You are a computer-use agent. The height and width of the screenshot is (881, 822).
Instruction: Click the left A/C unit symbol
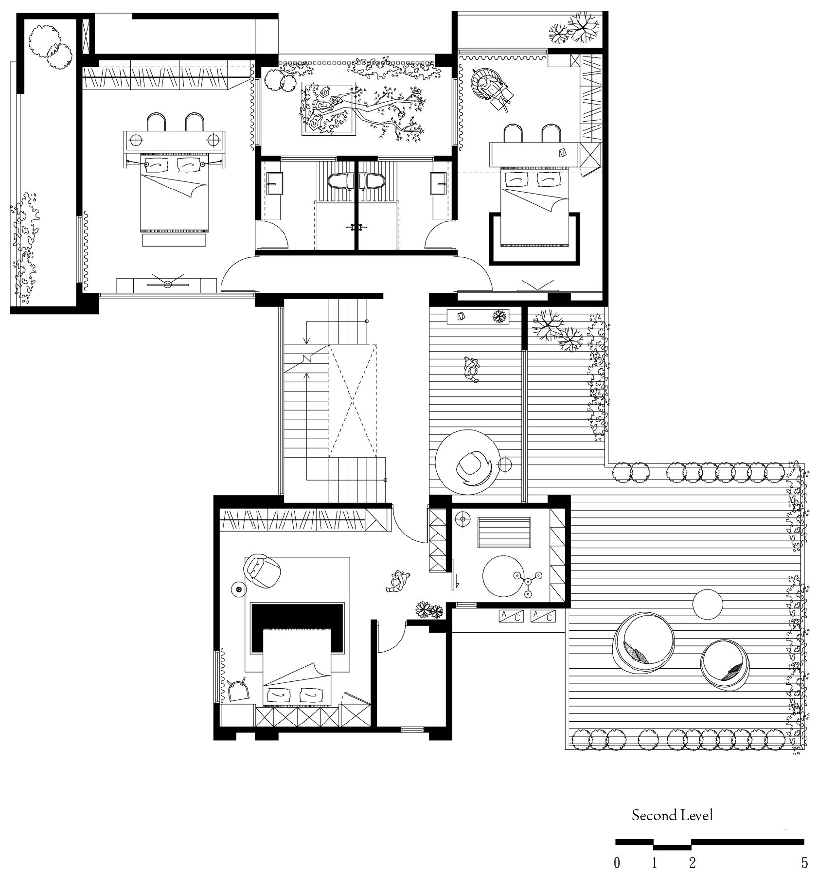(511, 615)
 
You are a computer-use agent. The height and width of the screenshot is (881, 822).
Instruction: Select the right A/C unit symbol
(543, 615)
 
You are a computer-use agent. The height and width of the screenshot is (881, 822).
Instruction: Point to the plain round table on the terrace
(708, 604)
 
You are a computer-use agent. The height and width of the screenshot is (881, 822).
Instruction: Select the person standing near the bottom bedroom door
(398, 581)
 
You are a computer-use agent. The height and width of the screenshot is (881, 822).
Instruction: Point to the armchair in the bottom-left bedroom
(262, 570)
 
